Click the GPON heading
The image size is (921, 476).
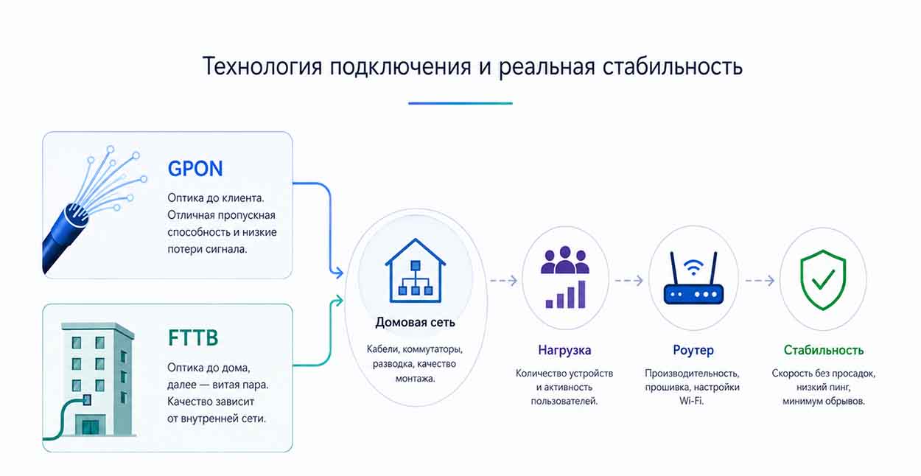pyautogui.click(x=195, y=169)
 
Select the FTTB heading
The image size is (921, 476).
pyautogui.click(x=193, y=338)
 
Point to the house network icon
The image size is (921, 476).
pyautogui.click(x=416, y=270)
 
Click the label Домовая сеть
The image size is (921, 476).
pyautogui.click(x=415, y=322)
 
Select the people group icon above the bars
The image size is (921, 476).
pyautogui.click(x=565, y=260)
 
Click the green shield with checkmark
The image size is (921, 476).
pyautogui.click(x=823, y=279)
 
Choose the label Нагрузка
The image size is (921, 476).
pyautogui.click(x=564, y=350)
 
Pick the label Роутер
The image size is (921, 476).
pyautogui.click(x=693, y=350)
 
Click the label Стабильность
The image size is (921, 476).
pyautogui.click(x=823, y=350)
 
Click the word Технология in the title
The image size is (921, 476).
pyautogui.click(x=262, y=66)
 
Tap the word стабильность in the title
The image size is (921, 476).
pyautogui.click(x=672, y=66)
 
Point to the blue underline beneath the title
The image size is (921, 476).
pyautogui.click(x=460, y=103)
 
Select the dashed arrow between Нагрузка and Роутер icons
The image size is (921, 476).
pyautogui.click(x=628, y=281)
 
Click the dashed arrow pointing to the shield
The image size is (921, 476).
pyautogui.click(x=760, y=281)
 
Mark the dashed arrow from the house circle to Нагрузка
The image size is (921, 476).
pyautogui.click(x=504, y=281)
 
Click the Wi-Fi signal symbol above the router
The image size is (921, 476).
pyautogui.click(x=693, y=267)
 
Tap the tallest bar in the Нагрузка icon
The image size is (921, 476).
pyautogui.click(x=582, y=294)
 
